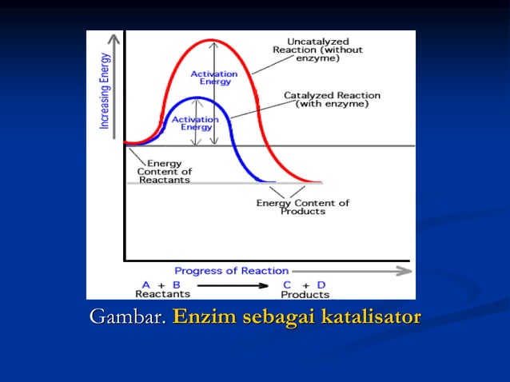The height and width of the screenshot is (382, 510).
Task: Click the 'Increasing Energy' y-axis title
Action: (x=104, y=90)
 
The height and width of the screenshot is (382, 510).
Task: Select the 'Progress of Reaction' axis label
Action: (x=220, y=271)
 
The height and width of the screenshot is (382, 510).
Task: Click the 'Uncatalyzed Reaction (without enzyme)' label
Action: (x=317, y=50)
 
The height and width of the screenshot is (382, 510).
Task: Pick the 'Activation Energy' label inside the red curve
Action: (x=214, y=78)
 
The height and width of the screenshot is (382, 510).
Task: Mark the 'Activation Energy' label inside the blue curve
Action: (x=196, y=122)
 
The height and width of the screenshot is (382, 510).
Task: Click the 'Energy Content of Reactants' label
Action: (x=165, y=172)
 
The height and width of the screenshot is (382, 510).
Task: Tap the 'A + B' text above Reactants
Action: (x=161, y=285)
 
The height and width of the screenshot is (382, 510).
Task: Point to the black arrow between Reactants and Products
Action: (x=235, y=285)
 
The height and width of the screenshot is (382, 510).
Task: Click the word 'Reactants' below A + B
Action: (x=163, y=294)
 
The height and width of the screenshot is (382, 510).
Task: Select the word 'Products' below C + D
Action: (x=305, y=294)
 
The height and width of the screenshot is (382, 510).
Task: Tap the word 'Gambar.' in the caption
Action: (x=128, y=316)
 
